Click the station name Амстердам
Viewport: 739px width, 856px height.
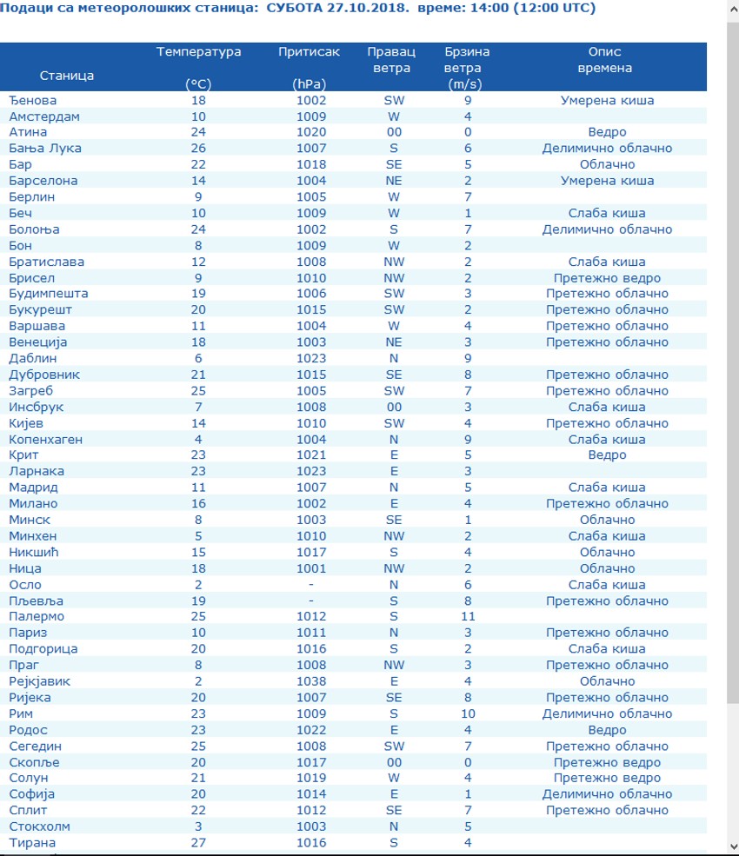point(44,116)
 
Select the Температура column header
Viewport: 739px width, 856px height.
point(199,52)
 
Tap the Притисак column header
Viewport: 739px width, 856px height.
point(309,52)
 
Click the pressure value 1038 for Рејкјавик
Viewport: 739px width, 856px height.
point(311,681)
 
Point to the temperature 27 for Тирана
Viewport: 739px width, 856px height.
point(199,843)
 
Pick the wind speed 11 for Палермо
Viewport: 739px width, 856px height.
point(468,617)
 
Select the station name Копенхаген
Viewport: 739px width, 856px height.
point(46,440)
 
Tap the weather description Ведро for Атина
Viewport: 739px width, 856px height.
point(607,132)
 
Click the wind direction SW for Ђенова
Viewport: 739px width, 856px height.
point(394,100)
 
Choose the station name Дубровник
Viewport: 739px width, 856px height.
point(44,375)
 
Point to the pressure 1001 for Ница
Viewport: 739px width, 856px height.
point(311,568)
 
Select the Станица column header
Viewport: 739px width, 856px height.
point(67,76)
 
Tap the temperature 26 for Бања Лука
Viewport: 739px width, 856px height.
point(199,149)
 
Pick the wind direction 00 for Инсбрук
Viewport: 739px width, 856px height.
point(394,407)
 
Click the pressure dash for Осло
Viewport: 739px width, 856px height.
point(311,585)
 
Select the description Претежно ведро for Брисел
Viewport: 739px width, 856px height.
point(607,278)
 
